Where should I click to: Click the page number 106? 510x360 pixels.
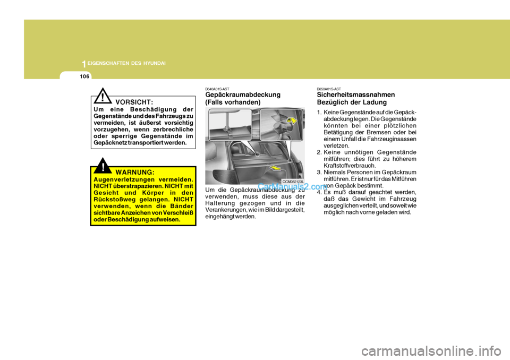[x=84, y=76]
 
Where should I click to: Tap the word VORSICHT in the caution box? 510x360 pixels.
[x=134, y=101]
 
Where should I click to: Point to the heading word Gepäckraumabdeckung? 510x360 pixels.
[x=243, y=95]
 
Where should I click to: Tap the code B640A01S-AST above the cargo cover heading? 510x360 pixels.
[x=217, y=89]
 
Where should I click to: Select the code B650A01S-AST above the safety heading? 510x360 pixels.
[x=329, y=89]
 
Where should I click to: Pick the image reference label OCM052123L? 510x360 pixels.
[x=293, y=182]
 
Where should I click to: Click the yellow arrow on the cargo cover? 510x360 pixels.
[x=275, y=169]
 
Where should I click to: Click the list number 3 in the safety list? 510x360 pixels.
[x=319, y=172]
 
